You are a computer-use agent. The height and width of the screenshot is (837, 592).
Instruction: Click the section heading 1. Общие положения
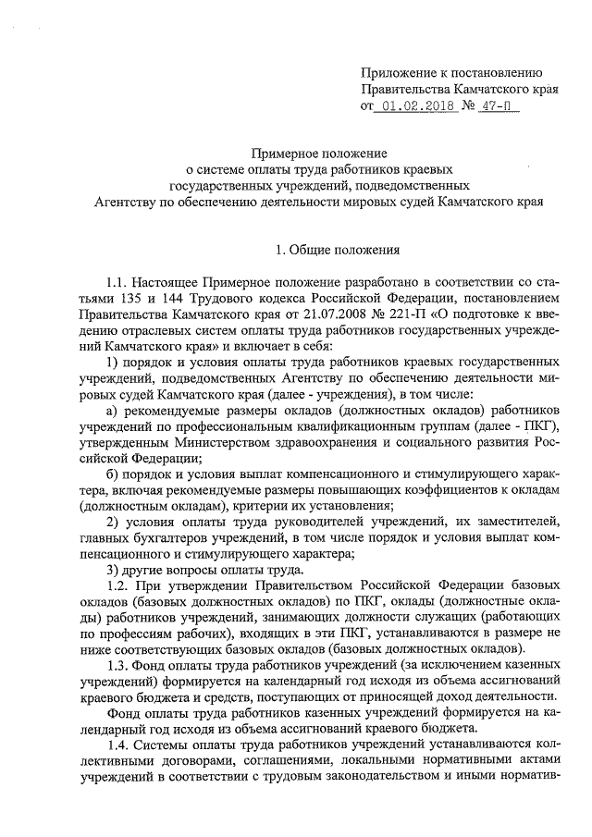point(337,249)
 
